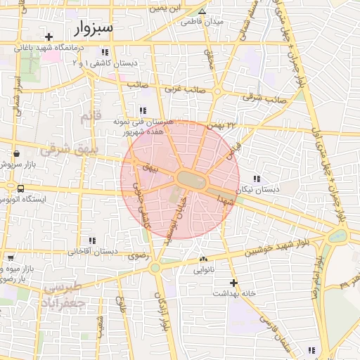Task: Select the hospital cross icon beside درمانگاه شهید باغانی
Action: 49,37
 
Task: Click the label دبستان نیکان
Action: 257,190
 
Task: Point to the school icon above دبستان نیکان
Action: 257,179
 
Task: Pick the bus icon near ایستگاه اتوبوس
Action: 20,188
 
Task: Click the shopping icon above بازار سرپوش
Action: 15,153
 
